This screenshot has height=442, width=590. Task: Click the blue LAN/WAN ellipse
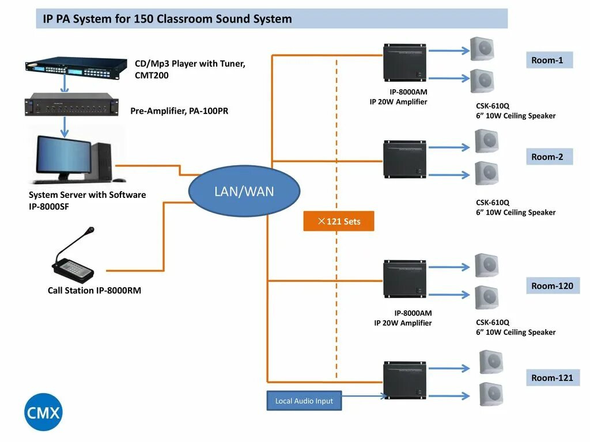click(244, 191)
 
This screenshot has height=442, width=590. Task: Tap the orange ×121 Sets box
click(339, 221)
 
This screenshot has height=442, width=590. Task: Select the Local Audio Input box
click(304, 401)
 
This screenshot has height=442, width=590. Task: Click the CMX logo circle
click(43, 412)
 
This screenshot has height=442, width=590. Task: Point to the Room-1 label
click(549, 60)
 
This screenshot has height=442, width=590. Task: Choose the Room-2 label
click(549, 157)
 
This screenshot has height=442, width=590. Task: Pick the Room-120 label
click(553, 285)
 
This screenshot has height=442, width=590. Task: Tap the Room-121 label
click(553, 378)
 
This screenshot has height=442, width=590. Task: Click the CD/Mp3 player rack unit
click(76, 68)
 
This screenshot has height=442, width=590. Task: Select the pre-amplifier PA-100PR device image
click(71, 104)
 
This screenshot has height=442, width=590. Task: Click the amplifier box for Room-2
click(404, 159)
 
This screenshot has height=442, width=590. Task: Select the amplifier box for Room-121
click(404, 380)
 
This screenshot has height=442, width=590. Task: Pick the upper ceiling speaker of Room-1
click(482, 49)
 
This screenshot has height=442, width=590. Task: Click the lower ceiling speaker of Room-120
click(486, 298)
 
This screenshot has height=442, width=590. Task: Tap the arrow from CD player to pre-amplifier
click(65, 83)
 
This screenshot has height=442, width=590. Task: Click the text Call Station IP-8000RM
click(94, 290)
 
